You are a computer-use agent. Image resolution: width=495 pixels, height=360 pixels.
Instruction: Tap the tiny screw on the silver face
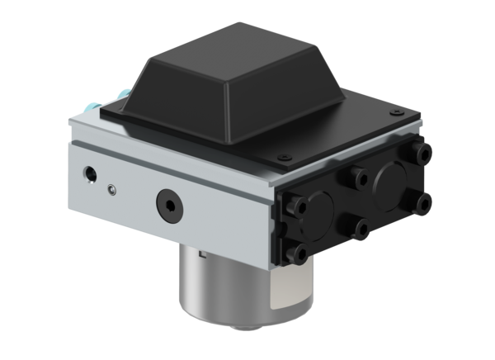click(111, 188)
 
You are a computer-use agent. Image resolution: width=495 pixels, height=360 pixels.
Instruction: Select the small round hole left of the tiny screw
click(88, 175)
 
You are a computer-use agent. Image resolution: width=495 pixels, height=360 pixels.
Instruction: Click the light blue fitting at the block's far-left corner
click(89, 107)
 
